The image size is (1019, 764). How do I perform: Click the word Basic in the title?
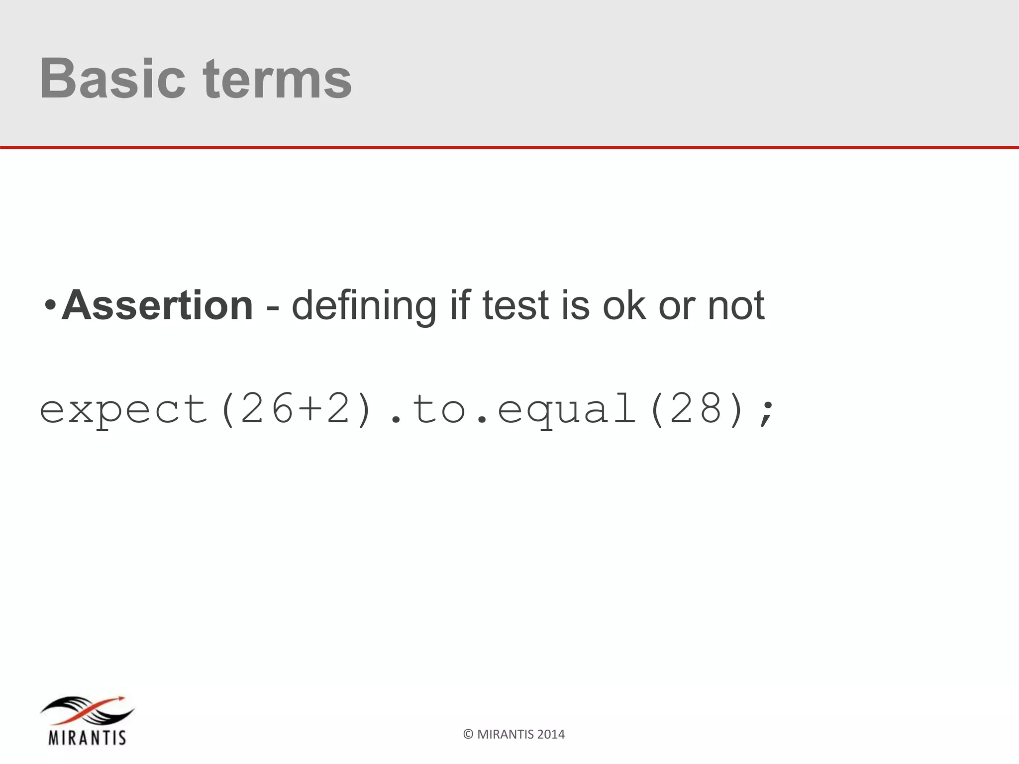tap(112, 79)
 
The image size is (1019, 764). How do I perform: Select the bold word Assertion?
tap(157, 305)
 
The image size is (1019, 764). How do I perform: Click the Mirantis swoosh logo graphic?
tap(88, 712)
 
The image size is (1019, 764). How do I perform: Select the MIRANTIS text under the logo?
tap(87, 737)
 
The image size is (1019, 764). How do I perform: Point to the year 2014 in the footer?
tap(551, 735)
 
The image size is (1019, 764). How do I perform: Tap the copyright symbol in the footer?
tap(468, 735)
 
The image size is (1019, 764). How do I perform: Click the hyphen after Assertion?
tap(272, 308)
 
